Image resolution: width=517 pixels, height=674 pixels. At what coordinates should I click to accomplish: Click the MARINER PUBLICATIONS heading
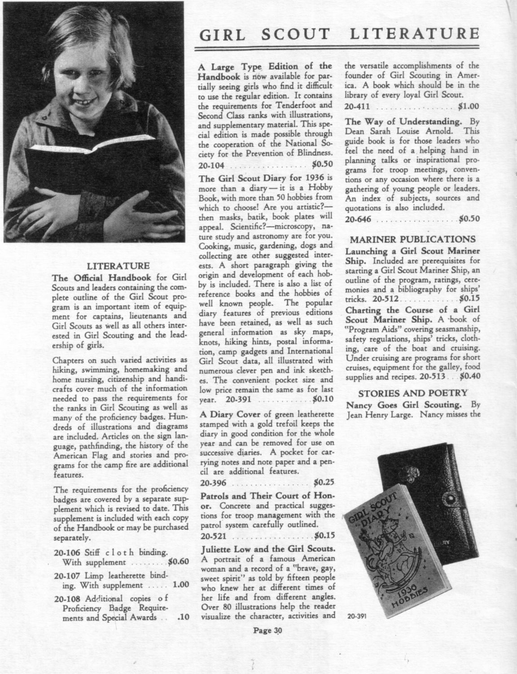[x=413, y=239]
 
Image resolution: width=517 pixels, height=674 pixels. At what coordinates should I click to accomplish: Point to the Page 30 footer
[x=268, y=630]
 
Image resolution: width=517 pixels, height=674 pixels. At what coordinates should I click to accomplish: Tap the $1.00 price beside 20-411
[x=469, y=107]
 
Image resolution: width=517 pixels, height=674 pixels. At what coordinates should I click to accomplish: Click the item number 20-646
[x=358, y=219]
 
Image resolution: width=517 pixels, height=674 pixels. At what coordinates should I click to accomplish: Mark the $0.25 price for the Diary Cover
[x=322, y=483]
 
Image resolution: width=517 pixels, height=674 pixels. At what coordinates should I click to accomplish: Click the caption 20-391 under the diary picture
[x=357, y=616]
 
